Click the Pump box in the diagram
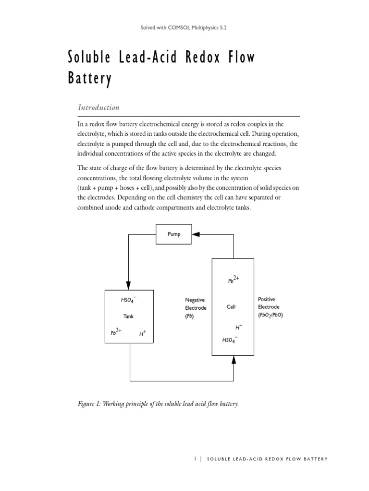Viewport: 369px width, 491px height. tap(174, 234)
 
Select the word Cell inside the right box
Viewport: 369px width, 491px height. tap(231, 307)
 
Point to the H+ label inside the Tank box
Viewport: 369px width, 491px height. tap(143, 333)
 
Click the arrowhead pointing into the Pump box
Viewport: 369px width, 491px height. tap(195, 234)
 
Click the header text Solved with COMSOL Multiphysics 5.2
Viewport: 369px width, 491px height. tap(184, 28)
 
